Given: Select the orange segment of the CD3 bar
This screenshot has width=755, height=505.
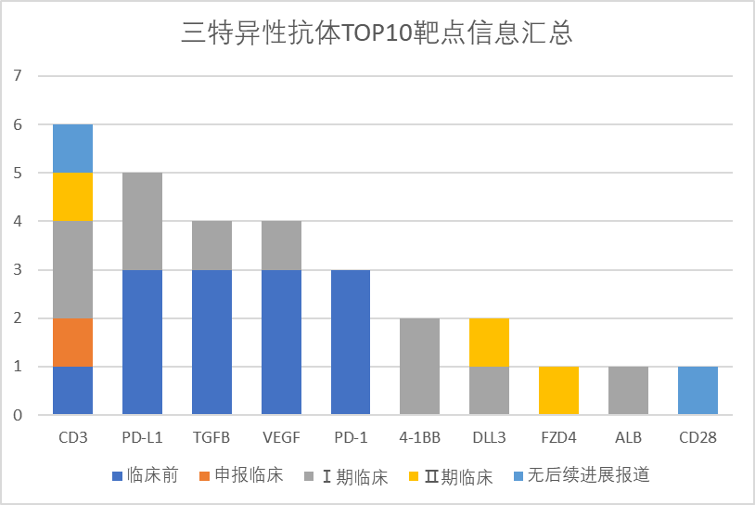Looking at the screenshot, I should pos(72,343).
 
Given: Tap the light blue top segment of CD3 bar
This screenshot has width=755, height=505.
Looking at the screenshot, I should pos(72,149).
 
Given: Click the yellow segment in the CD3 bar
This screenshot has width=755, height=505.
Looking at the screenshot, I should pos(72,197).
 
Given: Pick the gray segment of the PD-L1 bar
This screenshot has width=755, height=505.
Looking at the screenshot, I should pos(142,221).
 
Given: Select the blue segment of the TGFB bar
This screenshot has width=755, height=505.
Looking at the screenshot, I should pos(211,343).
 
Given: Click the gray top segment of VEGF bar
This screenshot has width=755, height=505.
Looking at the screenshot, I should pos(281,245).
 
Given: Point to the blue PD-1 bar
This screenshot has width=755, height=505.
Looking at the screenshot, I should pos(351,343).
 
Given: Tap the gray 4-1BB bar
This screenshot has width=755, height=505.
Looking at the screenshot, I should pos(420,367).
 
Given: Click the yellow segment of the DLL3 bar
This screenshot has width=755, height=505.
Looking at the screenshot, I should pos(489,343).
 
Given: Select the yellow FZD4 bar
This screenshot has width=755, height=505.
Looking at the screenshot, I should pos(558,391).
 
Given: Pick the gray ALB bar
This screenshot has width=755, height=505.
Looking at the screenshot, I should pos(628,391).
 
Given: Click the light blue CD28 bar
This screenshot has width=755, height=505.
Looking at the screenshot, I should pos(697,391).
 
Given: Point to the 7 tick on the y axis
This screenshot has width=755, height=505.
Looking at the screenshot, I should pos(18,76).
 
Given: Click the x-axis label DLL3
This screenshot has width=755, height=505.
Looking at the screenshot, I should pos(489,436).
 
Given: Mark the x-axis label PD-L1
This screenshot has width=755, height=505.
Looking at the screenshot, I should pos(142,436).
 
